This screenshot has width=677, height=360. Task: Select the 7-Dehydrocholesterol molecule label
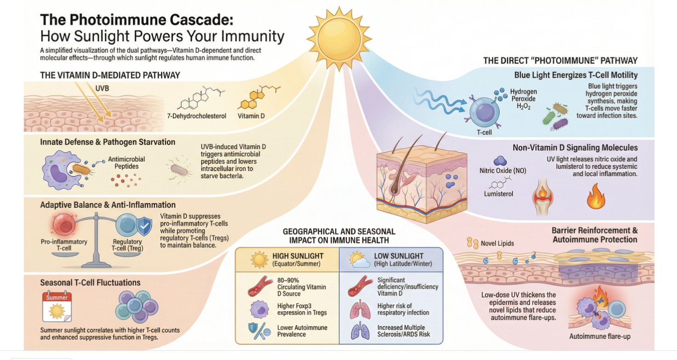coord(197,116)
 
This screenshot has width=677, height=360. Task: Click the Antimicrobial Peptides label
coord(126,163)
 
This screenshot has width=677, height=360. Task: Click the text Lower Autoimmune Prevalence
coord(302,331)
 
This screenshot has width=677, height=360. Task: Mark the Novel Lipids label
coord(498,243)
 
